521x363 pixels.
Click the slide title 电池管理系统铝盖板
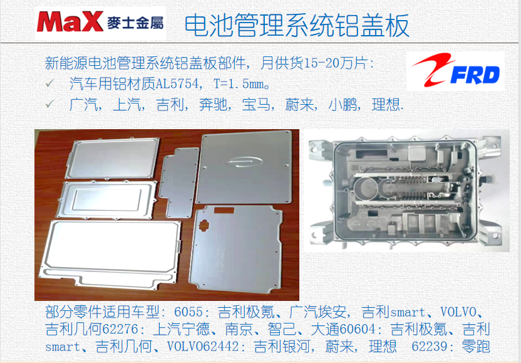tap(297, 25)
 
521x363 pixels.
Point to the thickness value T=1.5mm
tap(239, 84)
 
